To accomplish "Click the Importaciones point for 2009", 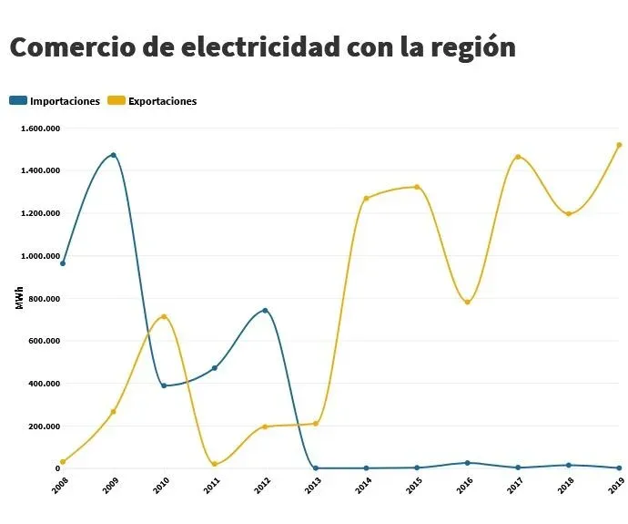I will tap(113, 155).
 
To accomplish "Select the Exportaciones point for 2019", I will tap(619, 145).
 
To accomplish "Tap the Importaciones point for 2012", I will tap(265, 311).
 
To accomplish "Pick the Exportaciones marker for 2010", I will tap(164, 317).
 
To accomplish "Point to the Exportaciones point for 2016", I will tap(467, 302).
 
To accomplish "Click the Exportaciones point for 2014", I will tap(366, 199).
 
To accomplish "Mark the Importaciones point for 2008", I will tap(62, 263).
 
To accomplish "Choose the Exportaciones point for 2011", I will tap(214, 465).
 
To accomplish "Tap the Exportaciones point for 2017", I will tap(518, 157).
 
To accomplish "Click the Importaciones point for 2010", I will tap(164, 385).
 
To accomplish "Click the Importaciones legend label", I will tap(65, 101).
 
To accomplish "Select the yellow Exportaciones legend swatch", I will tap(116, 101).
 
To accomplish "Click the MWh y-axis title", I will tap(19, 299).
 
